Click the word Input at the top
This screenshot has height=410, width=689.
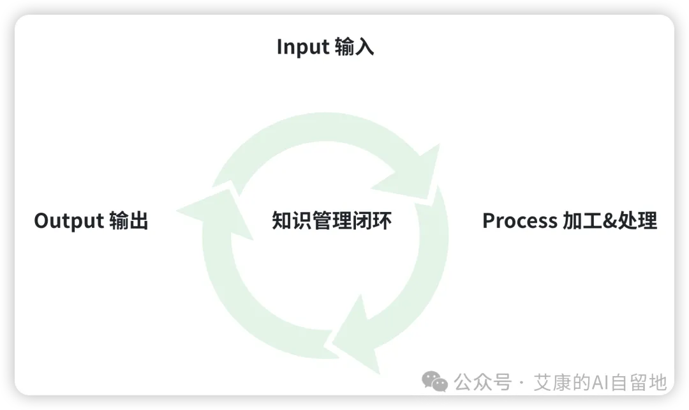click(303, 47)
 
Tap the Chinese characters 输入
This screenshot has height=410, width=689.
click(354, 47)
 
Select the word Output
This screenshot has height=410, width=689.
click(69, 221)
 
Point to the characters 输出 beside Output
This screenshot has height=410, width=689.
click(129, 220)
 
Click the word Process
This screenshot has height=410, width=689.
click(520, 221)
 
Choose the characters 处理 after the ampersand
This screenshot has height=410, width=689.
click(637, 220)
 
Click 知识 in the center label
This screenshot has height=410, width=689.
click(292, 220)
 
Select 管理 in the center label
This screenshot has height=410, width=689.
click(332, 220)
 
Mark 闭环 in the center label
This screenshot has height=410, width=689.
click(372, 220)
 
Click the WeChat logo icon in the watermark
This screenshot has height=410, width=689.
click(434, 381)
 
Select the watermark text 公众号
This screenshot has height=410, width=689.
click(483, 382)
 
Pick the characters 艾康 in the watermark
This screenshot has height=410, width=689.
click(552, 382)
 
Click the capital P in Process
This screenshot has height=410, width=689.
click(489, 221)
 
